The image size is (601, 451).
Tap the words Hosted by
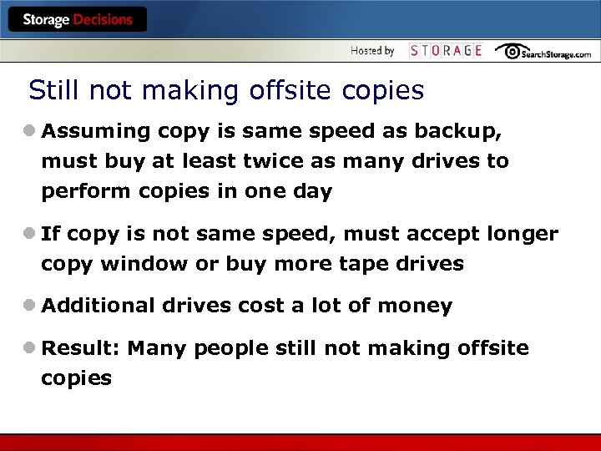point(372,51)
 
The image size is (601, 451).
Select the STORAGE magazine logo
point(446,51)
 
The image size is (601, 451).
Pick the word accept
point(435,234)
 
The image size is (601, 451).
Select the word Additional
point(98,306)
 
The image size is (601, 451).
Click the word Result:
point(81,347)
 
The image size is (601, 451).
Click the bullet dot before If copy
point(30,234)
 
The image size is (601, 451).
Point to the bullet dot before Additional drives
point(30,306)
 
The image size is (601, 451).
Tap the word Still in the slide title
point(52,90)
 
